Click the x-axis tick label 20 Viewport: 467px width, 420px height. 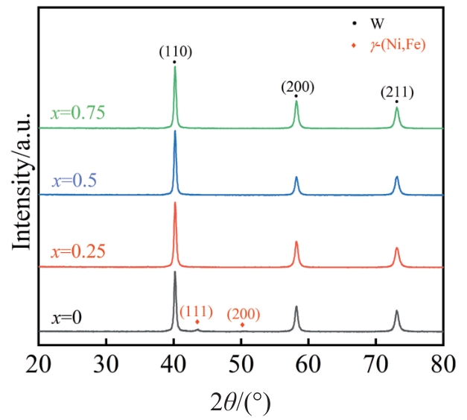click(x=39, y=365)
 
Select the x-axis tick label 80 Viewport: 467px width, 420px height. click(x=443, y=365)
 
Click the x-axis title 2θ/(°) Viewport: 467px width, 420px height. click(x=240, y=402)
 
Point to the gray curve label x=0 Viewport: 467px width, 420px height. click(x=66, y=317)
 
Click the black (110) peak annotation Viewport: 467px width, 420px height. click(x=175, y=51)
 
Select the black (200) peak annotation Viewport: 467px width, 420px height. click(x=297, y=87)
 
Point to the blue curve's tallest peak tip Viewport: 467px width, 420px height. click(x=175, y=132)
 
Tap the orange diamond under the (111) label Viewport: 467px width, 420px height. click(x=197, y=322)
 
